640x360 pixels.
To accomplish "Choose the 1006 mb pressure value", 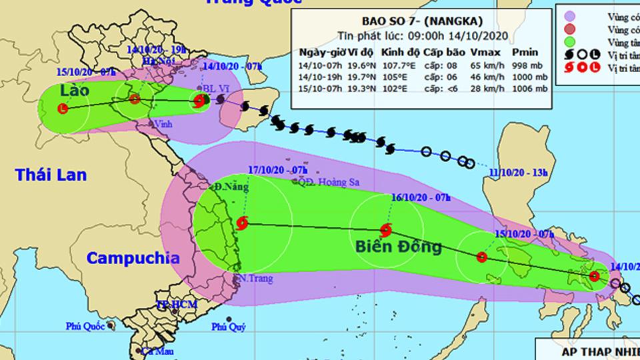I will (523, 89).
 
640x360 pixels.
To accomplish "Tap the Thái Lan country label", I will (51, 175).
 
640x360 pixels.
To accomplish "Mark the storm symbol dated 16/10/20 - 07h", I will (385, 228).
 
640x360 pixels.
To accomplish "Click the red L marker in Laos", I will (63, 109).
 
